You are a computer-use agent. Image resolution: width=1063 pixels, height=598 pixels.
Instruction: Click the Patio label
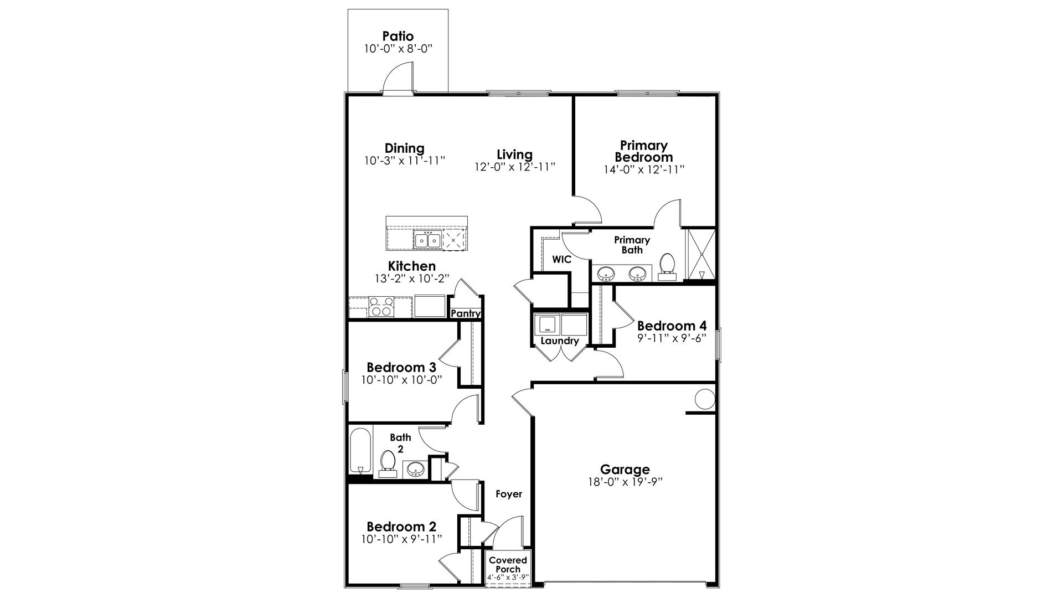[398, 37]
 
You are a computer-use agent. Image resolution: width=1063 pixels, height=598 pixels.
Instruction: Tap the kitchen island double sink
[427, 241]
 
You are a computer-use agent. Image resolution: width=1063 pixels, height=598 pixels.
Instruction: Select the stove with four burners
[381, 307]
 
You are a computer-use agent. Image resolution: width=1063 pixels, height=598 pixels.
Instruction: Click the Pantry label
[465, 314]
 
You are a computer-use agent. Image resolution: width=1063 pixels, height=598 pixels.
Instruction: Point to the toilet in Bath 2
[388, 463]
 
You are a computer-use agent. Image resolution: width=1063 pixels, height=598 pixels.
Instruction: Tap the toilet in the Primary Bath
[667, 265]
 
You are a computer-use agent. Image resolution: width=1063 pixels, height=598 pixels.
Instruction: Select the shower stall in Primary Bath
[701, 255]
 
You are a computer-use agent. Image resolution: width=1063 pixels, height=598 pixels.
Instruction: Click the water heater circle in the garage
[705, 399]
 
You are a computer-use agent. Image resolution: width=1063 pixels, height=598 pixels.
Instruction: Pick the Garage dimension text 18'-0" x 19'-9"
[625, 482]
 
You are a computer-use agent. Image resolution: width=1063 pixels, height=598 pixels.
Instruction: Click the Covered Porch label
[508, 565]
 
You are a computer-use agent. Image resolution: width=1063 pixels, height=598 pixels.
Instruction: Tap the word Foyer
[508, 494]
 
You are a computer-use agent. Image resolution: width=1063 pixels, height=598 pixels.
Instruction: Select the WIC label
[561, 259]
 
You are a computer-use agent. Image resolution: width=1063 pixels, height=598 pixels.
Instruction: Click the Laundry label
[559, 341]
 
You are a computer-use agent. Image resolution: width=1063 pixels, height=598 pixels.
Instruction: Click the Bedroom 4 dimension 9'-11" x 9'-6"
[672, 338]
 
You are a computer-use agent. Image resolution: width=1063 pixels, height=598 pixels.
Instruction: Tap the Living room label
[514, 154]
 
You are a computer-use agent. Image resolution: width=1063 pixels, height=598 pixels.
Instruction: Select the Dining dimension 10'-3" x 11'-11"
[405, 161]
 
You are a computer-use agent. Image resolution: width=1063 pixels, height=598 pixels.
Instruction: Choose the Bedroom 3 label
[401, 368]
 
